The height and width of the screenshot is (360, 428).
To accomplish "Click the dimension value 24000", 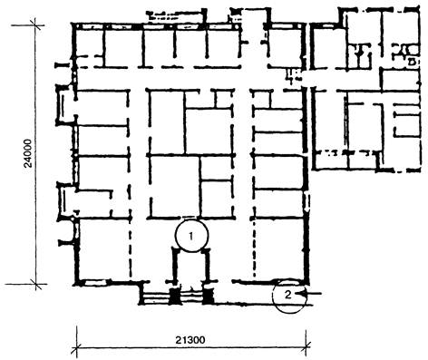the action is point(28,153).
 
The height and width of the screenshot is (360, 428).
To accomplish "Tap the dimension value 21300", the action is point(190,340).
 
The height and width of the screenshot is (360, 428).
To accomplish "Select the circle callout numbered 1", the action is point(191,236).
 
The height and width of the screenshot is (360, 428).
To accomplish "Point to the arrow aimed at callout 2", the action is point(308,293).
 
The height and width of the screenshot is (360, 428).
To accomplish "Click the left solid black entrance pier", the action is point(174,296).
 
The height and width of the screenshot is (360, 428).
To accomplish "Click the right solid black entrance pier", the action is point(208,296).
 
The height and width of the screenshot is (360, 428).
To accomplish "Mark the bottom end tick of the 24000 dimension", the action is point(36,284).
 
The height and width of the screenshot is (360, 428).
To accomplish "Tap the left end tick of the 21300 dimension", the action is point(76,347).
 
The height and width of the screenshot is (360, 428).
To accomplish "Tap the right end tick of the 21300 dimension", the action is point(306,346).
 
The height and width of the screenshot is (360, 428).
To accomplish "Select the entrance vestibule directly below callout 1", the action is point(191,266).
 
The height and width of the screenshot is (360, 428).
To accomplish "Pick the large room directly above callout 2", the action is point(279,248).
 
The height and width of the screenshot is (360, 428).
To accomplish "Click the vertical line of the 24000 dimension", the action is point(35,154).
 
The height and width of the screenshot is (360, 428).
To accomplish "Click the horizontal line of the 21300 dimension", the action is point(191,346).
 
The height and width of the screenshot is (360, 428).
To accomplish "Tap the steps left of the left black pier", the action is point(155,296).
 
